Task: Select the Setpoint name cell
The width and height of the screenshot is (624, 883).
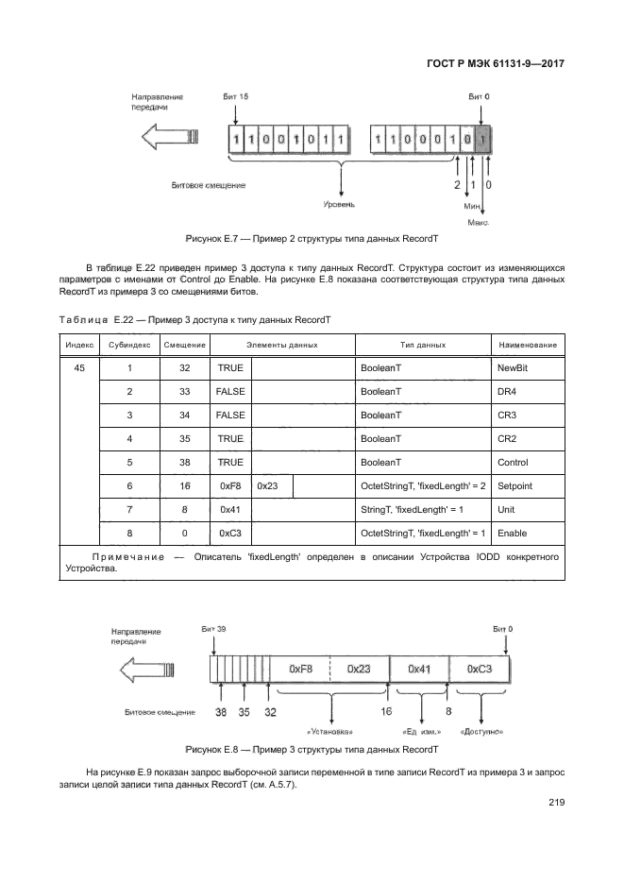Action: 514,486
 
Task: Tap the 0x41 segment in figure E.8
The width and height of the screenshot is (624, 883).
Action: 421,668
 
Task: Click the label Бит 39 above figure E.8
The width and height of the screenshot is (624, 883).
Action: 213,629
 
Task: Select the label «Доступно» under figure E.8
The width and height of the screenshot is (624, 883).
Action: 481,732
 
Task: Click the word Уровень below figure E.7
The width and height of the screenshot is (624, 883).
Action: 340,203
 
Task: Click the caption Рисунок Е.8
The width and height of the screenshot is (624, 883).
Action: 312,750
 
